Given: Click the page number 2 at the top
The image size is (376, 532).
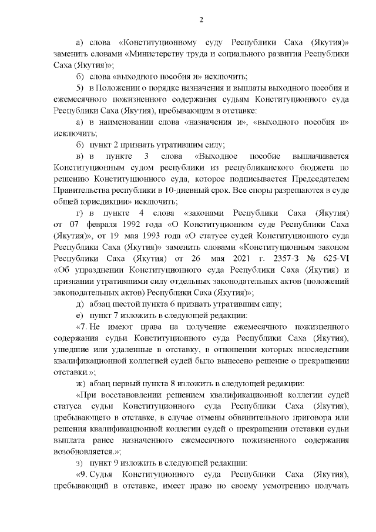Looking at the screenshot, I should (x=201, y=21).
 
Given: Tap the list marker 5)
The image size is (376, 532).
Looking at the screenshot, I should (x=80, y=88).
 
